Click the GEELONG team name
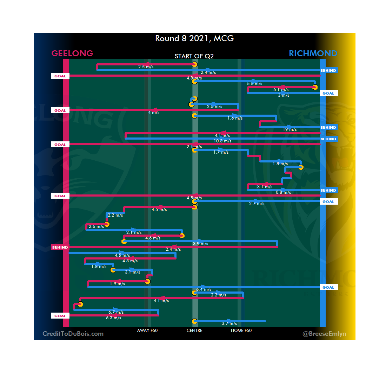pos(72,53)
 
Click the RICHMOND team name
pos(313,53)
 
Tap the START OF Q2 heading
pos(194,56)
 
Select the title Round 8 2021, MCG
pos(194,38)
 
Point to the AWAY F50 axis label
pos(147,331)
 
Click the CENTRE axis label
pos(194,331)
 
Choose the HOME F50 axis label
pos(241,331)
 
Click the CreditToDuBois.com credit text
pos(73,334)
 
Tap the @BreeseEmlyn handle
pos(324,334)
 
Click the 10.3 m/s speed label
pos(222,141)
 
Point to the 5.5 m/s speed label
pos(254,84)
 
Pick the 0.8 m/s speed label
pos(283,192)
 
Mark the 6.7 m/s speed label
pos(116,312)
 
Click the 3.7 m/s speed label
pos(230,323)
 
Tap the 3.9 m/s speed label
pos(201,244)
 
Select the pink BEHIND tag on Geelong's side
pos(60,248)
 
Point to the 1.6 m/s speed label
pos(235,118)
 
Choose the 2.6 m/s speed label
pos(96,226)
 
